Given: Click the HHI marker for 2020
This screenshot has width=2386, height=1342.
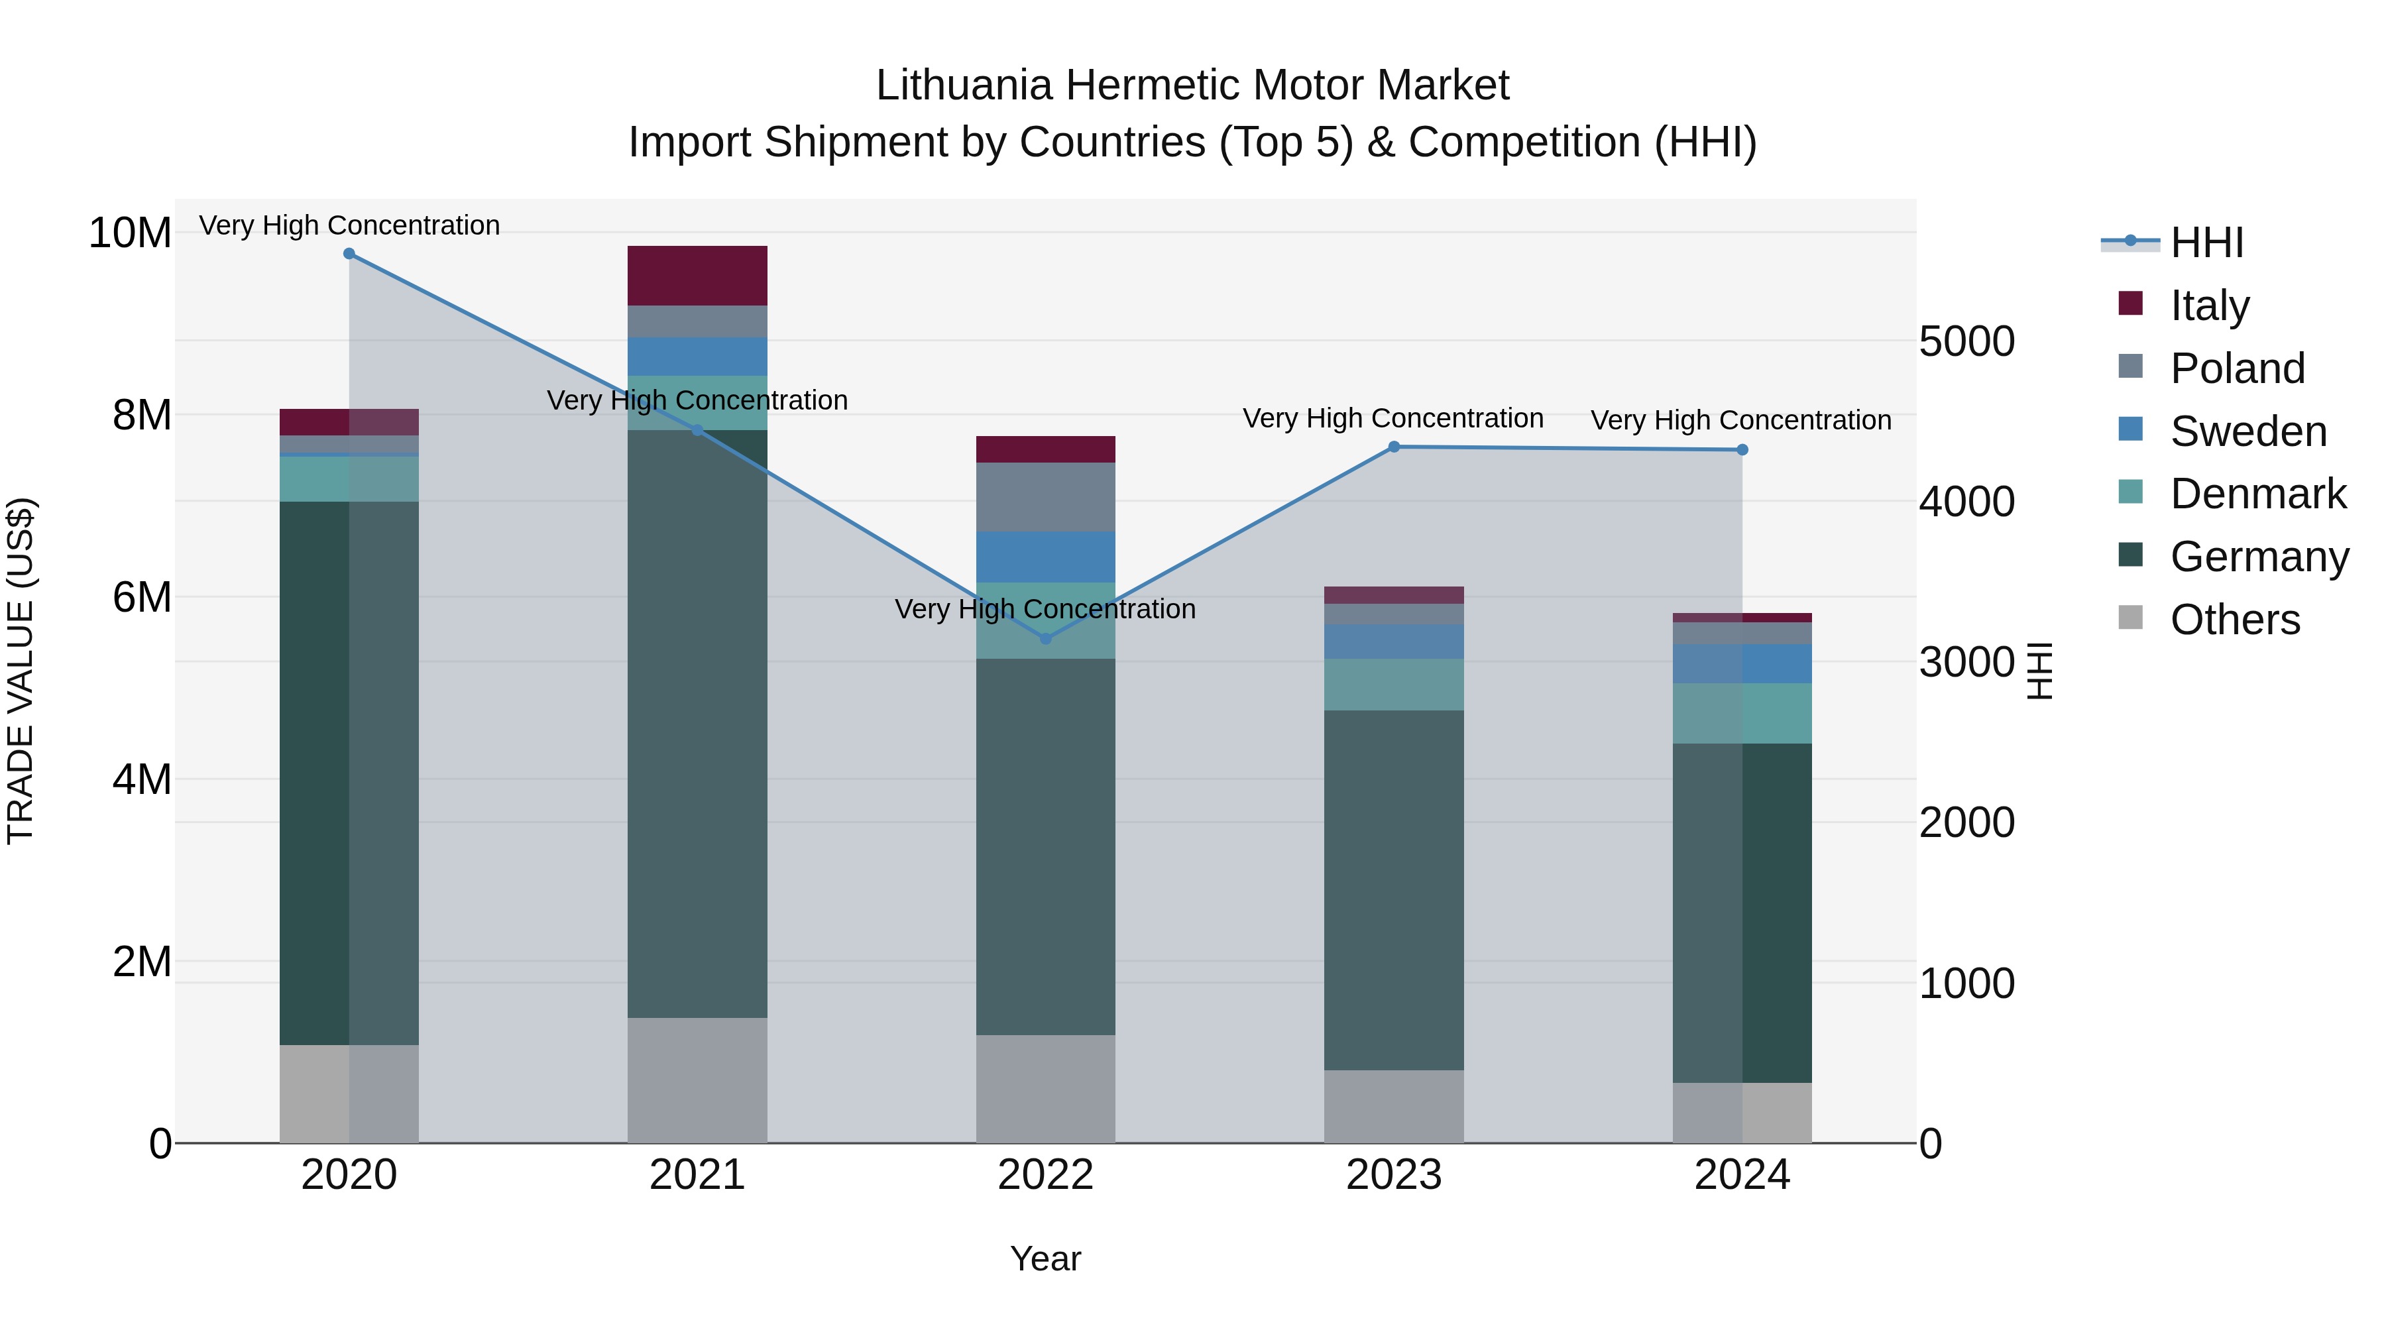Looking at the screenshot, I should [349, 254].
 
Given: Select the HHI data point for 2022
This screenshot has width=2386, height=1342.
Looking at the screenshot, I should [1046, 638].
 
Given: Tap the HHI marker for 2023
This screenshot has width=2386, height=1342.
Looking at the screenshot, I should [1394, 447].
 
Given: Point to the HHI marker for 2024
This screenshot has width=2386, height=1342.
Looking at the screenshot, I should [1742, 450].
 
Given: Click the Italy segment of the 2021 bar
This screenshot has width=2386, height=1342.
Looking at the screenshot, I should [697, 275].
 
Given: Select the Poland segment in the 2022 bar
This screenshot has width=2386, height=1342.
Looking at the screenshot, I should [1046, 496].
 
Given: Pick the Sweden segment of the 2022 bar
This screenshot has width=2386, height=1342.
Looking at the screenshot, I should [1046, 557].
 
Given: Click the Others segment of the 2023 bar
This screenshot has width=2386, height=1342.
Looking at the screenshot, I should [1394, 1106].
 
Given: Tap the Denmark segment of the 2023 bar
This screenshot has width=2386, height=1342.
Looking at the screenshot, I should [1394, 685].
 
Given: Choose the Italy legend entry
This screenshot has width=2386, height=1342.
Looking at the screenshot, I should [2209, 306].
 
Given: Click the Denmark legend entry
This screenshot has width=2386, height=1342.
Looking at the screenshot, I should [2257, 494].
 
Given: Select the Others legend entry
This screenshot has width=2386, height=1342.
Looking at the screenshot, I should [2234, 620].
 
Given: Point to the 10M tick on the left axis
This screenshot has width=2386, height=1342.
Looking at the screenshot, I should [130, 233].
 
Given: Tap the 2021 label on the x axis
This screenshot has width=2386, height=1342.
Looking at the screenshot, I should [697, 1174].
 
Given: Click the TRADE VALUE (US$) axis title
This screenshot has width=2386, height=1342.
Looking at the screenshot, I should [21, 671].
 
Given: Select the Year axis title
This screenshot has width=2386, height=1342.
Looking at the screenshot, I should [1046, 1258].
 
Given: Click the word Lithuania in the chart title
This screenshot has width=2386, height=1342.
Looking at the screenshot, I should [963, 85].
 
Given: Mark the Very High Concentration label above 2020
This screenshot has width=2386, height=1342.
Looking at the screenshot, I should [349, 225].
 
